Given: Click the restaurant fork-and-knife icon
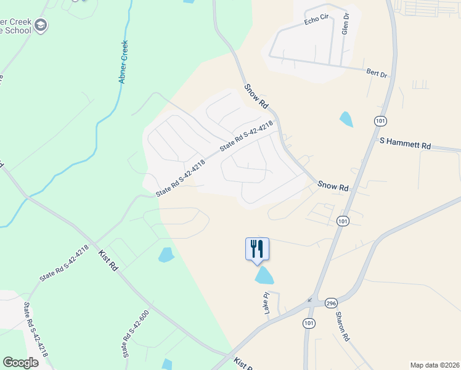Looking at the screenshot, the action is (x=258, y=249).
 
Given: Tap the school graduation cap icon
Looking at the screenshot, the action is (x=42, y=25).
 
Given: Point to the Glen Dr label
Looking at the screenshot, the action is (x=346, y=23).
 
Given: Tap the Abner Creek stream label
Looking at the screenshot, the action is (x=124, y=62).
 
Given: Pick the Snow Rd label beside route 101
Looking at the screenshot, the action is (x=333, y=185).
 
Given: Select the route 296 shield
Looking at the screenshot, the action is (x=332, y=303).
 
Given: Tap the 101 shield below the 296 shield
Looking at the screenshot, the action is (x=309, y=323).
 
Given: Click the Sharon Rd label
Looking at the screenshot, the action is (x=343, y=327).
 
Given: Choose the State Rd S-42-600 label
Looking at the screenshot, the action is (x=136, y=334).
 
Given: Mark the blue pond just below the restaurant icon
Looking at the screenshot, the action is (x=264, y=276).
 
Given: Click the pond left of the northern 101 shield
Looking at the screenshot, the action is (x=346, y=118).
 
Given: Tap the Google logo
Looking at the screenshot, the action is (x=21, y=363).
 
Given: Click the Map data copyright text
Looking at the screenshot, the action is (x=434, y=364).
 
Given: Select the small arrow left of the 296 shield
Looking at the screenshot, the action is (x=310, y=301).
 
